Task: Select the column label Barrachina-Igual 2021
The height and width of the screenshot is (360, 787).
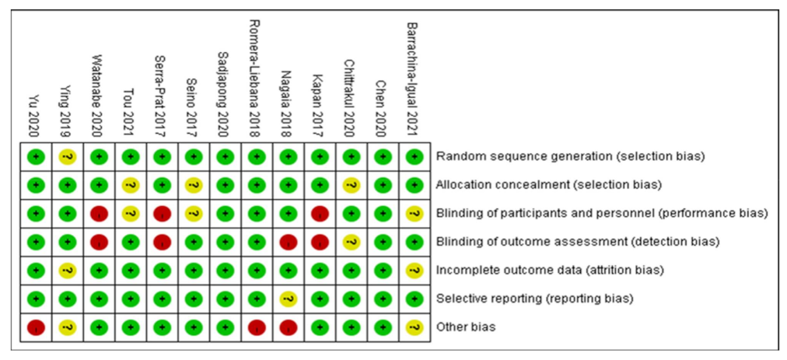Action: [x=413, y=77]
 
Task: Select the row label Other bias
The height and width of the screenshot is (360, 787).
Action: [x=467, y=327]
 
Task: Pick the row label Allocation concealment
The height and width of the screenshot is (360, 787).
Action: [x=549, y=185]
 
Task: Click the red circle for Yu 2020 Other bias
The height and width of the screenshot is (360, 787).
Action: [x=35, y=327]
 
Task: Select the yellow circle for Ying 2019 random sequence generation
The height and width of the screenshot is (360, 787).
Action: [x=67, y=156]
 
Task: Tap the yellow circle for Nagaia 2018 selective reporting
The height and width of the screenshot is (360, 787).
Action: [x=288, y=299]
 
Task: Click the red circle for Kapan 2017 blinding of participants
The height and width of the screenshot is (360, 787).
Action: [x=319, y=213]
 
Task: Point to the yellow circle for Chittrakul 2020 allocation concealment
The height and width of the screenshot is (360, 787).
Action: [x=351, y=185]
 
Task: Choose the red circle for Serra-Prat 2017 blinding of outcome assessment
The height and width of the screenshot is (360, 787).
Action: [x=161, y=242]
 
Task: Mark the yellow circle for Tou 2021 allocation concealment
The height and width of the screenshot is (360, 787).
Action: [x=130, y=185]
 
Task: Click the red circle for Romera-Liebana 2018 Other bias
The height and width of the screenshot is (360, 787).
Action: [x=256, y=327]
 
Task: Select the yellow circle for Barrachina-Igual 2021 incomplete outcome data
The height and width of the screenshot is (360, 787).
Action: [x=414, y=270]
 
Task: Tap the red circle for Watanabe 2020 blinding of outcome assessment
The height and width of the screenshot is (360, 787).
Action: [x=98, y=242]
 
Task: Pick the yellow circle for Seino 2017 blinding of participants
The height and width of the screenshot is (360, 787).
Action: [x=193, y=213]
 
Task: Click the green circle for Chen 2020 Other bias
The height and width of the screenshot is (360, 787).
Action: [x=382, y=327]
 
